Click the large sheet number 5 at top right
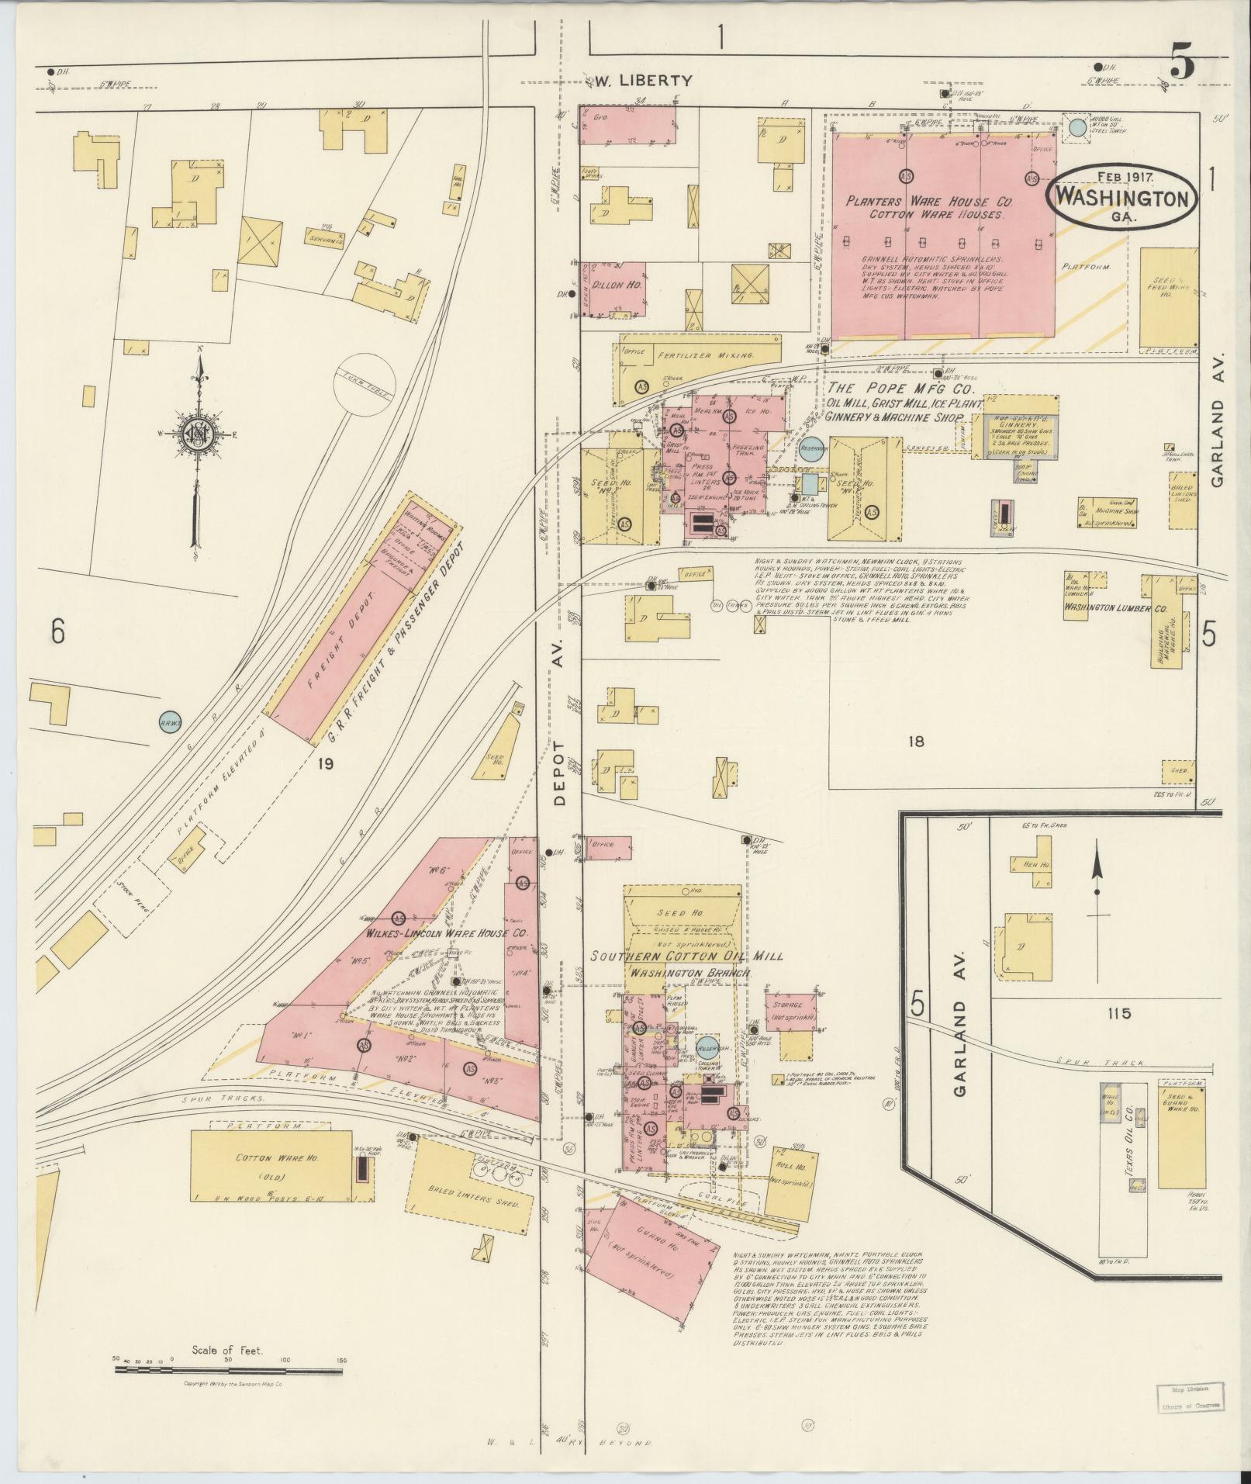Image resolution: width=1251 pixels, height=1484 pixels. coord(1181,65)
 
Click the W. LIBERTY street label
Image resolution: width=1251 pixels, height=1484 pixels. coord(643,79)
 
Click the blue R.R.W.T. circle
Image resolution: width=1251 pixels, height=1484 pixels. coord(170,721)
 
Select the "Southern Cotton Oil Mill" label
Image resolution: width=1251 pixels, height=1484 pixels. coord(686,956)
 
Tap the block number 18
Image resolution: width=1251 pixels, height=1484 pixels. coord(916,741)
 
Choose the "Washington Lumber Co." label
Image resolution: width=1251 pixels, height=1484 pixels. coord(1116,609)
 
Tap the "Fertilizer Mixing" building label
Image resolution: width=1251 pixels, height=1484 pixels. coord(705,355)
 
